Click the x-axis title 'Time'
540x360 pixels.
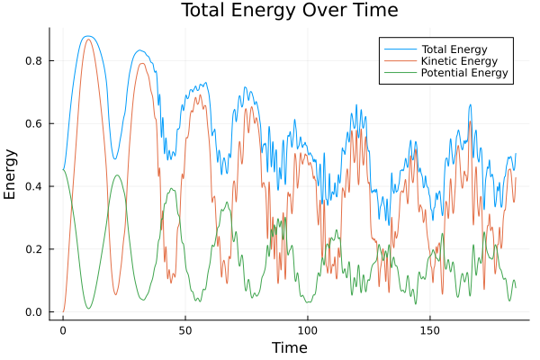289,347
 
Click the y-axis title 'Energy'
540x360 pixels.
12,174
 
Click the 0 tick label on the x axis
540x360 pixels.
63,329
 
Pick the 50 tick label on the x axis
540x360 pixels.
185,329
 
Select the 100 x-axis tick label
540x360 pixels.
308,329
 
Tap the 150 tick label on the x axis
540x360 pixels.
430,329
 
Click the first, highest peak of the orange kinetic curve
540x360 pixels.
87,39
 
